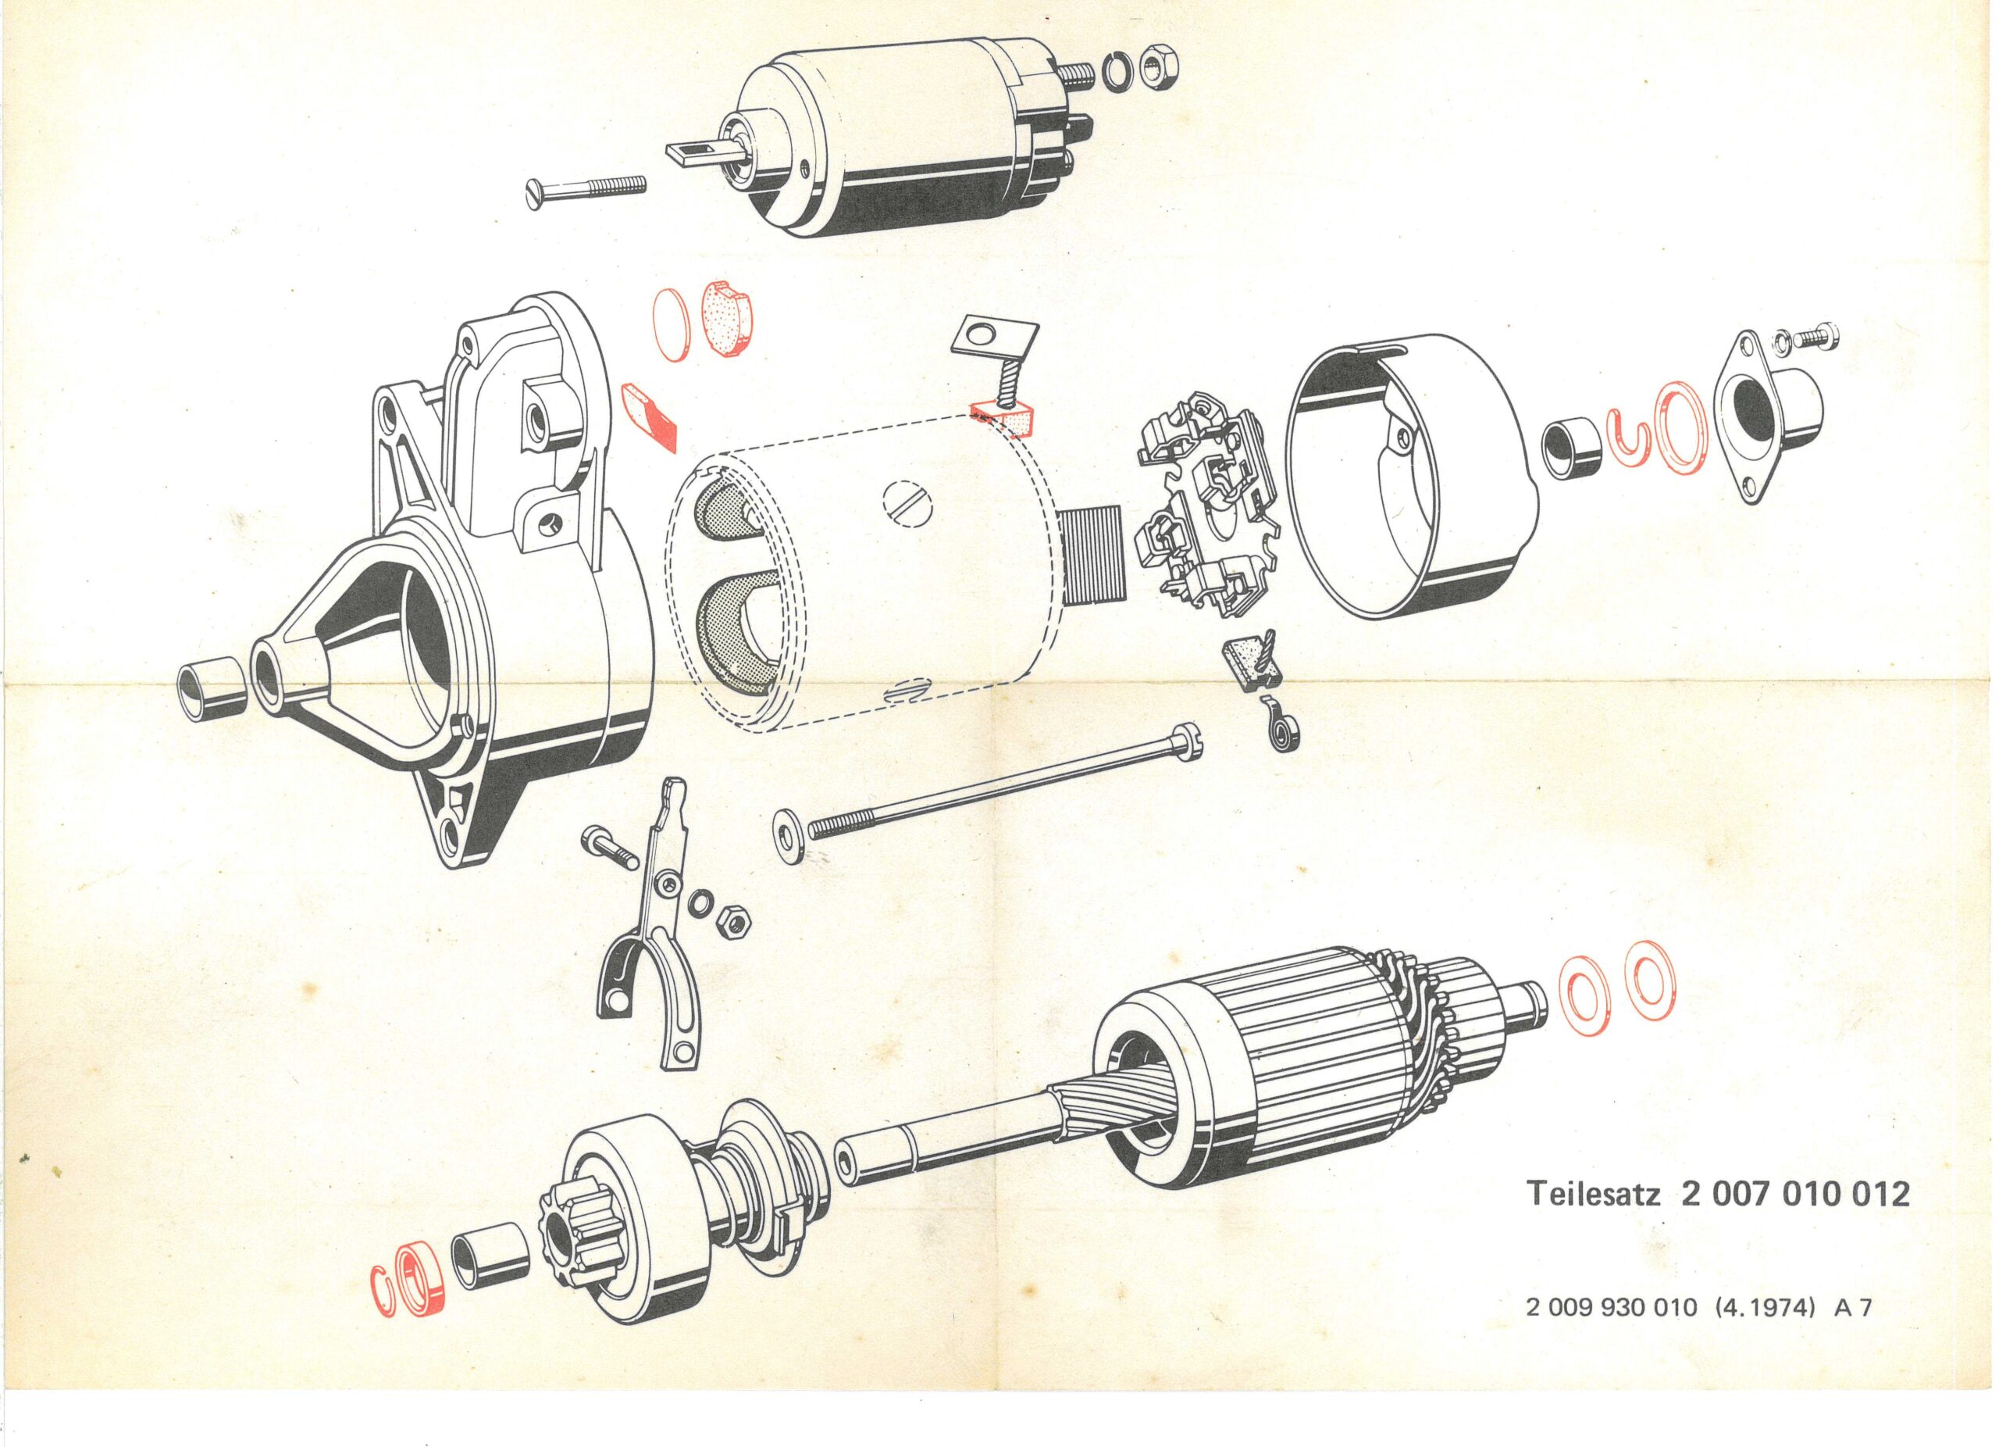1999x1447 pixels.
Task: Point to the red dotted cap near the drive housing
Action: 730,317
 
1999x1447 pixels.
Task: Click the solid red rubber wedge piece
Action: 650,413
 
